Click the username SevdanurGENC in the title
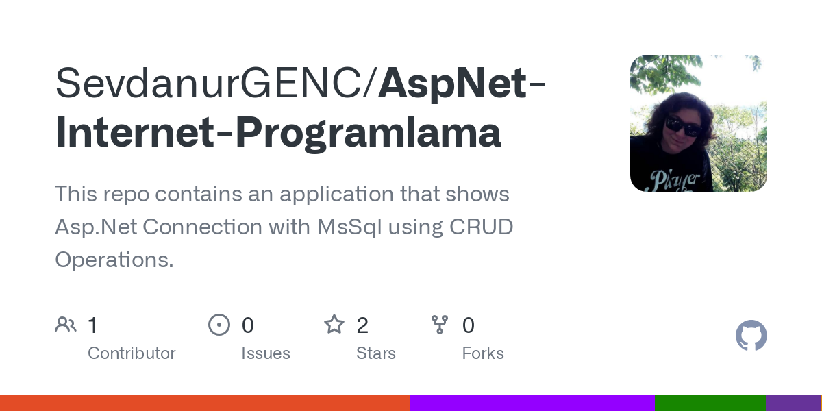(x=214, y=83)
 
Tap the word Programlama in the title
(x=369, y=132)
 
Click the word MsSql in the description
(x=349, y=227)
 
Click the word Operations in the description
(x=114, y=260)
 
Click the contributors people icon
(x=66, y=325)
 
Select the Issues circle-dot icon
(x=219, y=325)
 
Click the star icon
(x=334, y=325)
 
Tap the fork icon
(x=440, y=325)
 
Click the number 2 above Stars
(x=362, y=325)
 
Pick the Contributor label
(x=132, y=353)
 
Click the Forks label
(x=483, y=353)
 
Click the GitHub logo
(x=751, y=336)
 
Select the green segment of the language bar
(x=710, y=403)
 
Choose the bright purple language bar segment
(x=532, y=403)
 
